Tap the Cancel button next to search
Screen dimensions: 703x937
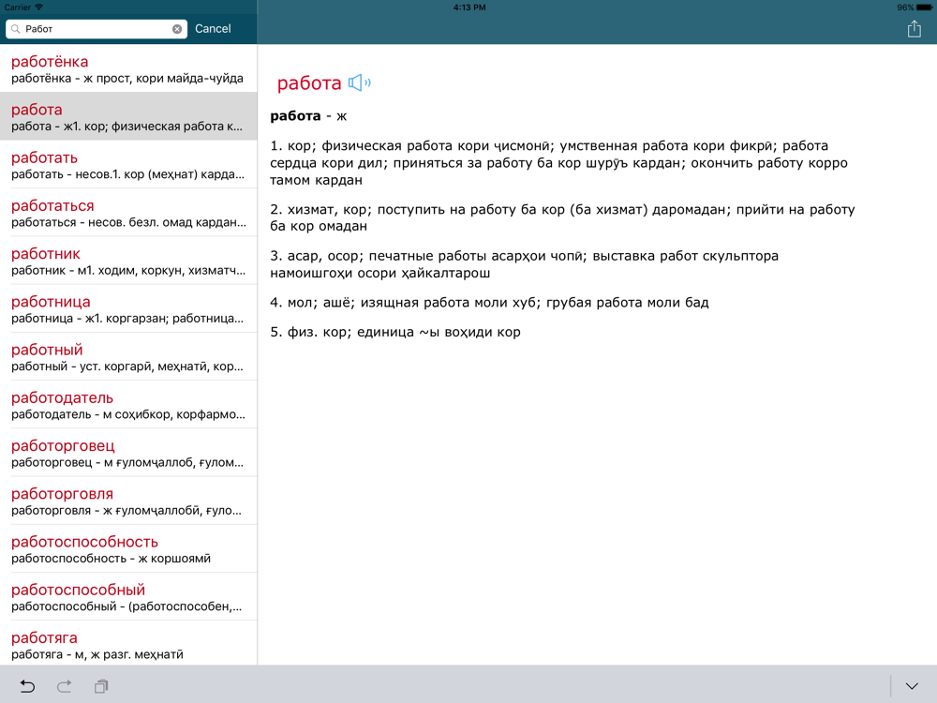click(x=213, y=29)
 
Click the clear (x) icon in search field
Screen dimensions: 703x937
click(x=177, y=29)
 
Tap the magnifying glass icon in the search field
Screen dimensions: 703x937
click(x=16, y=29)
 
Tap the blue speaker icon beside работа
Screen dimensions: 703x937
click(x=359, y=83)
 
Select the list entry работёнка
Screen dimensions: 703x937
click(x=128, y=69)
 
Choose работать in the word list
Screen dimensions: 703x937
click(x=128, y=165)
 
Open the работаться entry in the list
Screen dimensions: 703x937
click(x=128, y=213)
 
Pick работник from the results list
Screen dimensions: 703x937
click(x=128, y=261)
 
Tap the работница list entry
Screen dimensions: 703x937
click(x=128, y=309)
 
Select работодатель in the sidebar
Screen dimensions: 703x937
click(x=128, y=405)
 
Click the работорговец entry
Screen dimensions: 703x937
click(x=128, y=453)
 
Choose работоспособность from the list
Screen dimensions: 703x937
click(x=128, y=549)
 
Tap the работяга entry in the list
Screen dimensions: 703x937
click(x=128, y=645)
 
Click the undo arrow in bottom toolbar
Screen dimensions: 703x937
click(x=27, y=686)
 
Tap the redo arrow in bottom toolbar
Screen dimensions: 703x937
click(x=65, y=686)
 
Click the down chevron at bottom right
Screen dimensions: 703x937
click(x=912, y=686)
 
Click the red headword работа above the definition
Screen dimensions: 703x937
click(x=309, y=83)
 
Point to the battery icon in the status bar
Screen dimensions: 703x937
click(x=924, y=7)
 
